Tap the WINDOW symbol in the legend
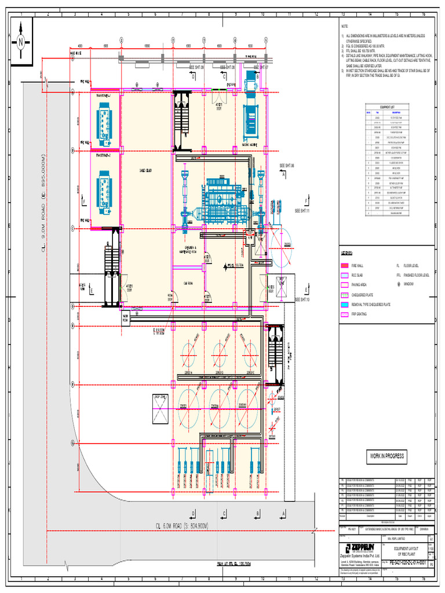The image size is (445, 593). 399,285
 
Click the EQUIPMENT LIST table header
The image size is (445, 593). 386,107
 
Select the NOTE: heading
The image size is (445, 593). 345,27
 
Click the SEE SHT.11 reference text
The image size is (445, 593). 303,211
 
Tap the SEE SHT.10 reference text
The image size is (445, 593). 302,300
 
